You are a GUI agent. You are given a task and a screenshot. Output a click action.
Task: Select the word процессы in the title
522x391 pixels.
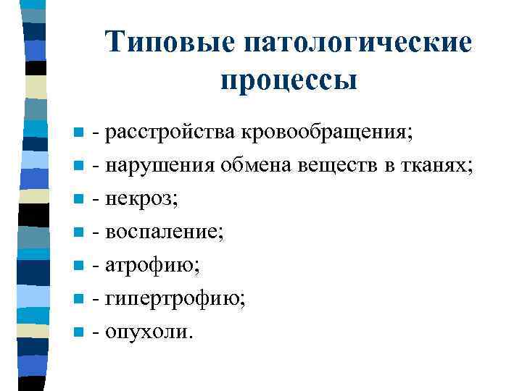point(289,80)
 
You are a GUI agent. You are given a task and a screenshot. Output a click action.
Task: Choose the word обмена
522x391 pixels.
point(257,167)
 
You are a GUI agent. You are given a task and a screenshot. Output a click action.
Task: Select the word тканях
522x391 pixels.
point(435,167)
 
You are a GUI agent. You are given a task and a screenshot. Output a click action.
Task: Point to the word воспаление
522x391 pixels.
point(162,233)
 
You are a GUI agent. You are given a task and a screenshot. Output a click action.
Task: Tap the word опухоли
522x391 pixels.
point(146,333)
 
